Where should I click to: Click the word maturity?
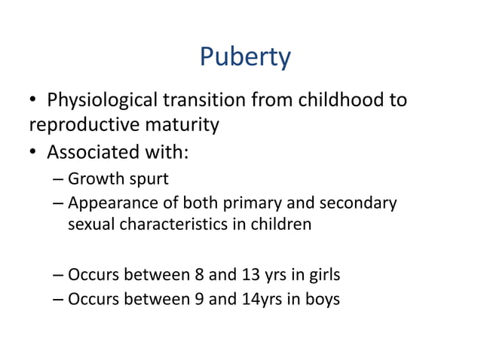pos(182,124)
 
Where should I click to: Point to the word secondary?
pos(357,203)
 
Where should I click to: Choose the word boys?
pos(323,300)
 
